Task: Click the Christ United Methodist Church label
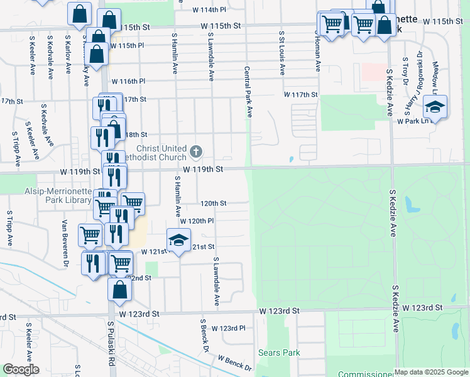pos(157,153)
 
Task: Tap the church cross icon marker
pos(196,151)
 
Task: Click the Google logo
pos(20,369)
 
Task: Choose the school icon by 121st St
pos(178,239)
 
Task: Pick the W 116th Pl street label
pos(128,82)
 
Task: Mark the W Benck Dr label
pos(234,363)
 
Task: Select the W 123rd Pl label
pos(227,329)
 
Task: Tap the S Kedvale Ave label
pos(47,123)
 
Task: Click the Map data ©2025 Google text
pos(431,372)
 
